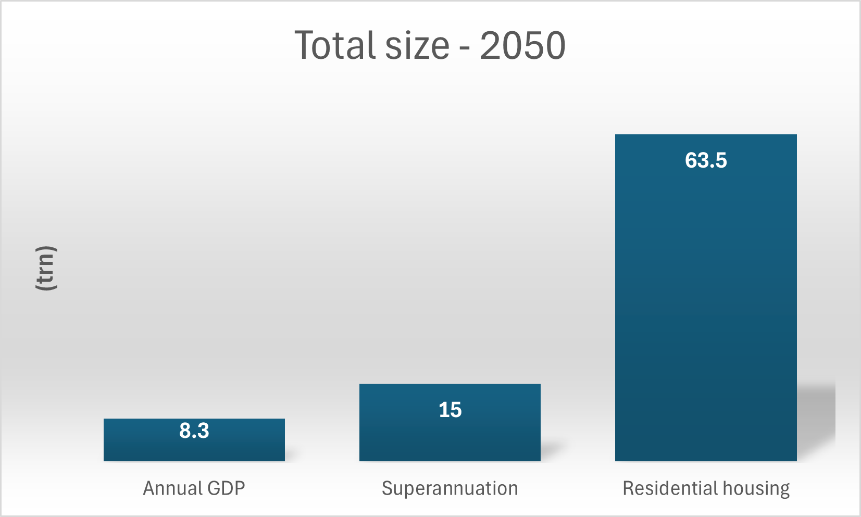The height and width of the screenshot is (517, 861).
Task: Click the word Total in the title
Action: click(x=336, y=45)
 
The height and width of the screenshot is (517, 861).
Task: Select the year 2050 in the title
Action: click(x=522, y=45)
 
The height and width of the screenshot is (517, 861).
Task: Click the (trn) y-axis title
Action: click(x=46, y=268)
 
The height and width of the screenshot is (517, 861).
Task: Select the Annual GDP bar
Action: click(x=194, y=448)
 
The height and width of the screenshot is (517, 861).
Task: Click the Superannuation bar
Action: click(x=450, y=437)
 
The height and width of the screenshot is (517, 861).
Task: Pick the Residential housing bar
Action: click(x=705, y=312)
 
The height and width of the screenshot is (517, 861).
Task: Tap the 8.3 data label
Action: click(x=194, y=431)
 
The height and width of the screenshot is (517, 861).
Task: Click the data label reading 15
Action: click(x=450, y=410)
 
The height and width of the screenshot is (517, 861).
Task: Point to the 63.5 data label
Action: click(x=705, y=160)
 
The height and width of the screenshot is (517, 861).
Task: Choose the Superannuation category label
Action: click(x=450, y=488)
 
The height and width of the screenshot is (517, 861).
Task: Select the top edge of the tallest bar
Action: click(x=705, y=135)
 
